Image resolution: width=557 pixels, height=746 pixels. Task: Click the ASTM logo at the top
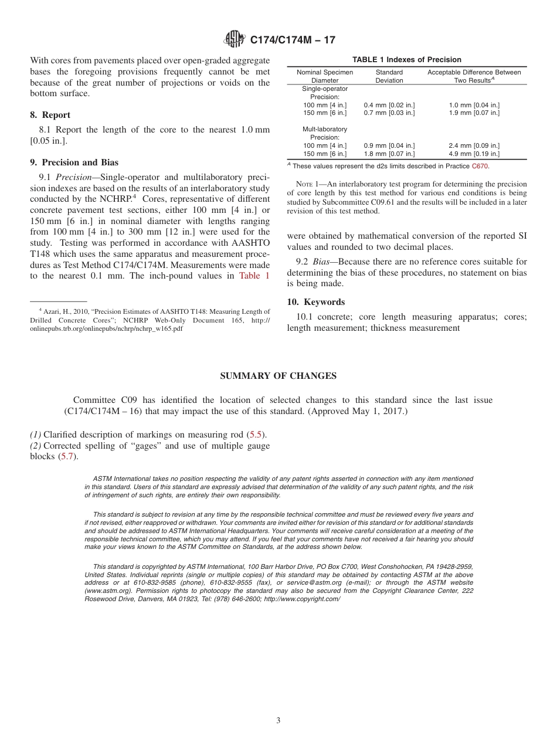pyautogui.click(x=234, y=40)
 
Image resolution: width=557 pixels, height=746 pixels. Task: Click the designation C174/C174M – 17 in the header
pyautogui.click(x=293, y=40)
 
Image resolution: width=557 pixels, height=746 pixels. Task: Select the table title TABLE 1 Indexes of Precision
pyautogui.click(x=406, y=60)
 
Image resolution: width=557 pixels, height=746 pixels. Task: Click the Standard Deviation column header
pyautogui.click(x=389, y=76)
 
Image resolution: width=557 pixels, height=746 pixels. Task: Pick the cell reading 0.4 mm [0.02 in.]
pyautogui.click(x=389, y=105)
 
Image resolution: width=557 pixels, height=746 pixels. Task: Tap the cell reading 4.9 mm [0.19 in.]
pyautogui.click(x=474, y=154)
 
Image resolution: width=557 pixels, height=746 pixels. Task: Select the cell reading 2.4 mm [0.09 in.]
pyautogui.click(x=474, y=145)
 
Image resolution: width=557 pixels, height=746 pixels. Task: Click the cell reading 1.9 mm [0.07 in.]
pyautogui.click(x=474, y=113)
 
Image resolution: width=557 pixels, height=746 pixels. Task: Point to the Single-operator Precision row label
pyautogui.click(x=324, y=93)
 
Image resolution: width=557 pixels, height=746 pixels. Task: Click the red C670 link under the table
pyautogui.click(x=480, y=166)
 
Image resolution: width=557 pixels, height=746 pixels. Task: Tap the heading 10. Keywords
pyautogui.click(x=315, y=302)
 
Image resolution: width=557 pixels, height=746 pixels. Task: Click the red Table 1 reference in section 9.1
pyautogui.click(x=254, y=276)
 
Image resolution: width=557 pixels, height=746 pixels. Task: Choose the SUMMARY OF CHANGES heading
pyautogui.click(x=278, y=376)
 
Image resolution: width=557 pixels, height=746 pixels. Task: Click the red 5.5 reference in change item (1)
pyautogui.click(x=256, y=435)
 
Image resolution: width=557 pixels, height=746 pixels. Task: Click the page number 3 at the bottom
pyautogui.click(x=278, y=720)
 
